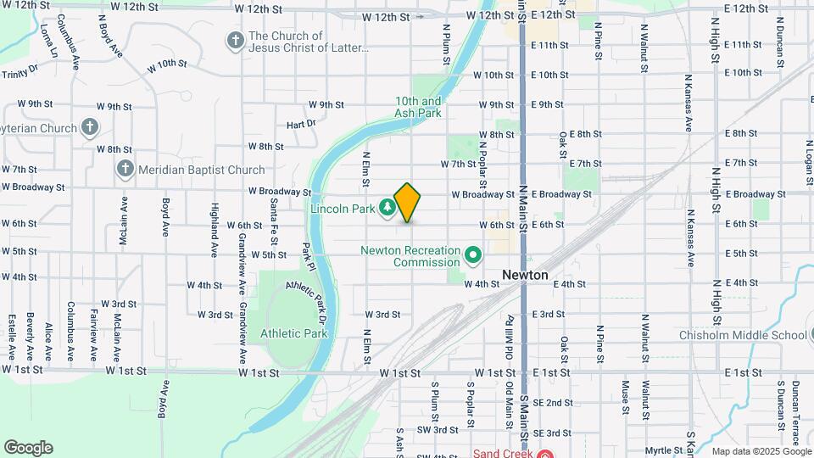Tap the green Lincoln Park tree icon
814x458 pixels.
tap(387, 207)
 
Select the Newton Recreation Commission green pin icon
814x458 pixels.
tap(473, 255)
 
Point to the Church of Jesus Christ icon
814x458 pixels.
tap(235, 40)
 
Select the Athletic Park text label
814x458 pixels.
tap(294, 333)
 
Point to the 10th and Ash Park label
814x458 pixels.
tap(418, 106)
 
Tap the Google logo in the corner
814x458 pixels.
tap(28, 448)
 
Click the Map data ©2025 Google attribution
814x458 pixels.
tap(760, 451)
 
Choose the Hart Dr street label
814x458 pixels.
tap(301, 124)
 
